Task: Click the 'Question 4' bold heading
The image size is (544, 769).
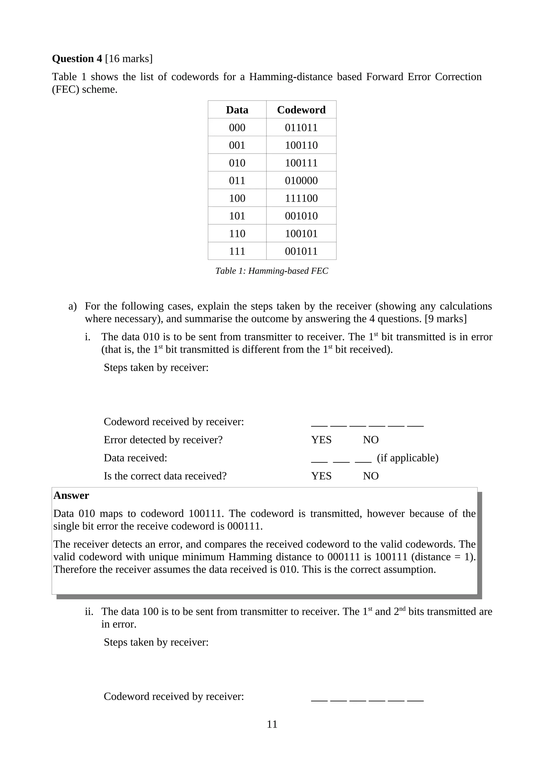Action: [77, 59]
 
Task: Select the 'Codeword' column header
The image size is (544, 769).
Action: [301, 110]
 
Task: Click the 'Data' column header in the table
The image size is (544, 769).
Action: [237, 110]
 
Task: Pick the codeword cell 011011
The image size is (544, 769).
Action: [301, 128]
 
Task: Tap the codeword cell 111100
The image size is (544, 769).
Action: [301, 198]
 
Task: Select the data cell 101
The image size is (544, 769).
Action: [237, 216]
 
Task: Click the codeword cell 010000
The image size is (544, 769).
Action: [301, 180]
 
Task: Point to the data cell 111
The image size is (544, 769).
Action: [237, 251]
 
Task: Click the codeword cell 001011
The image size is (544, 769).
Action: [301, 251]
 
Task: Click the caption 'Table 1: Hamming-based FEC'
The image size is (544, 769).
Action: [271, 271]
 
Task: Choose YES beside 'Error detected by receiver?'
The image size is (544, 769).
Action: [321, 440]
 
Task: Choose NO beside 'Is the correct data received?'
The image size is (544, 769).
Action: [370, 476]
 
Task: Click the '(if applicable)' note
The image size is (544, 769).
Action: [407, 458]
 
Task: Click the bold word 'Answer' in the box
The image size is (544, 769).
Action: [71, 495]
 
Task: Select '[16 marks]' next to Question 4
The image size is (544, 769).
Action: [129, 59]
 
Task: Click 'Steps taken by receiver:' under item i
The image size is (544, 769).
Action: [156, 368]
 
